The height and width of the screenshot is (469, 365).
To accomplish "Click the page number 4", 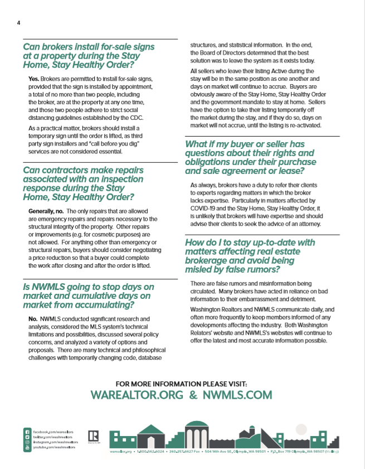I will pos(18,23).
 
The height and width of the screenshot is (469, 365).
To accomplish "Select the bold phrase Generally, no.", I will pos(45,211).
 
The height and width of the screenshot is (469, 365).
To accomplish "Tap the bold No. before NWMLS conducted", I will pos(33,318).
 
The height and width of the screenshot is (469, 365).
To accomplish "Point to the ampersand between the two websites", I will pos(192,395).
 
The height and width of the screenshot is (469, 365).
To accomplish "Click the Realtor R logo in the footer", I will pos(94,436).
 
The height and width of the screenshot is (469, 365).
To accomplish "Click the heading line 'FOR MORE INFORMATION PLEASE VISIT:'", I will pos(181,384).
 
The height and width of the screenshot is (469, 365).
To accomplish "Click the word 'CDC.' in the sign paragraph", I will pos(134,117).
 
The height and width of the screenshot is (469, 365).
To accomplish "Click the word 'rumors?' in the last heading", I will pos(259,270).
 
